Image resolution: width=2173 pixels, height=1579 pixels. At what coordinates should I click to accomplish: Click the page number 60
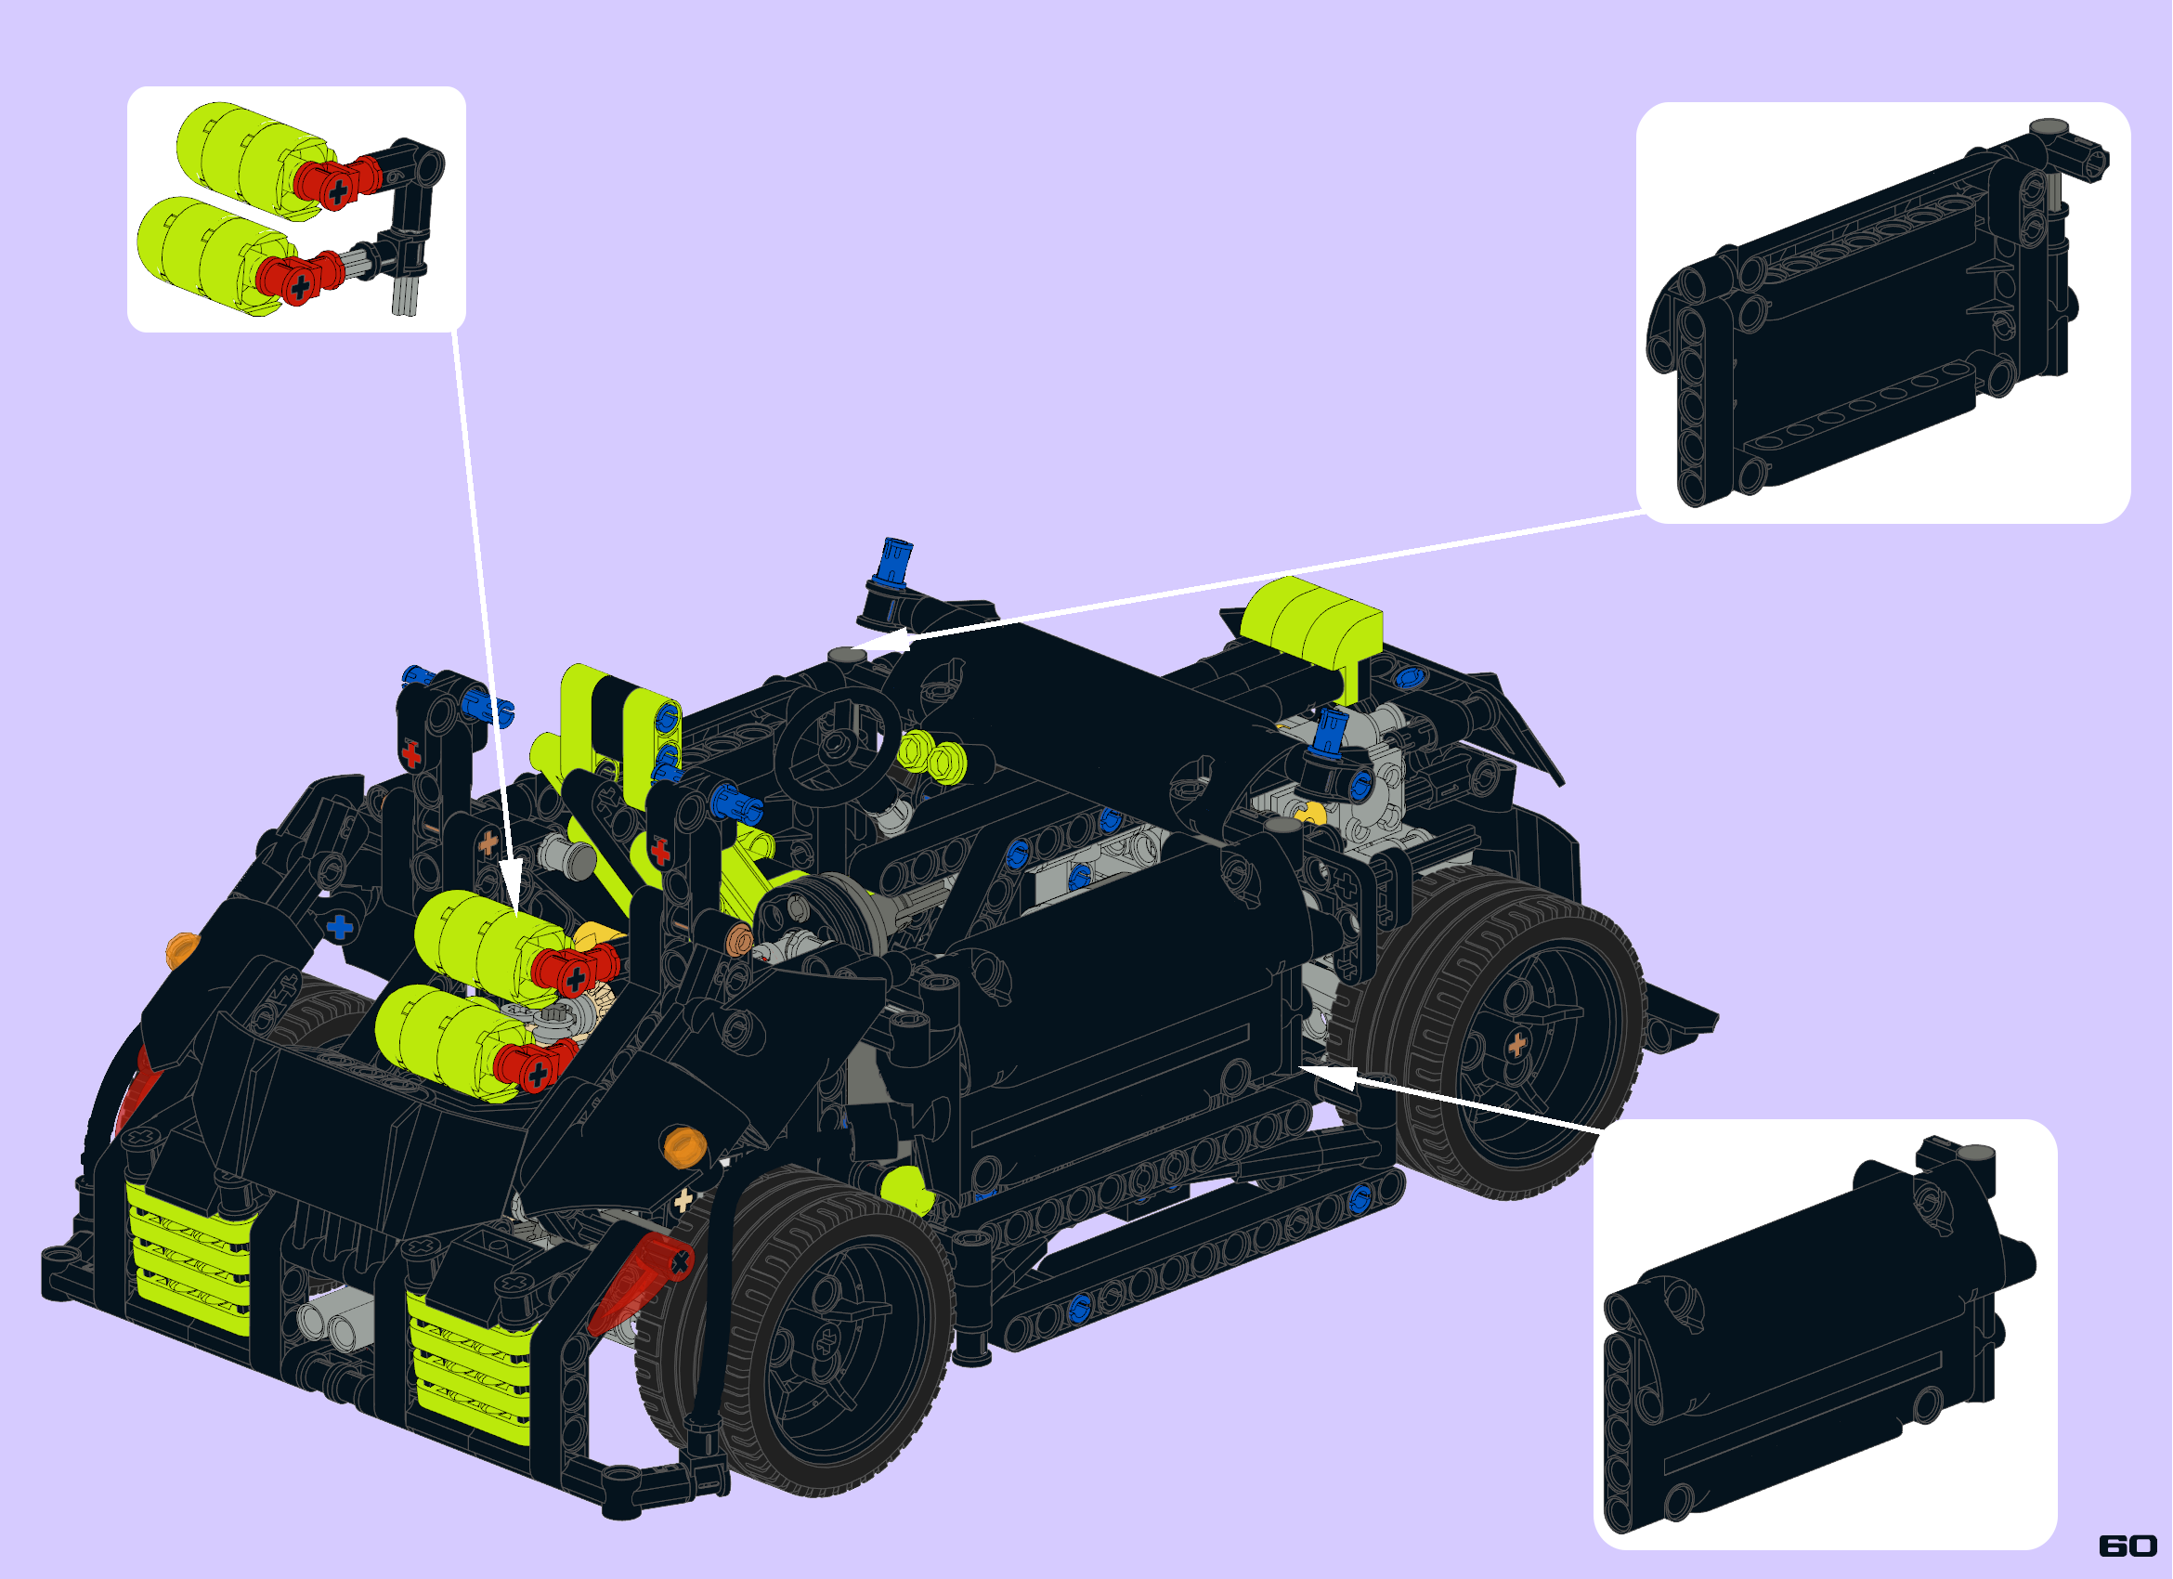click(2127, 1546)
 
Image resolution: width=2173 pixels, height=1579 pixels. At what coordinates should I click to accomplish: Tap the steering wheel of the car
click(838, 743)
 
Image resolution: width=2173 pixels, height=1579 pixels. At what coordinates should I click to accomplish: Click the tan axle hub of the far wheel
click(1516, 1043)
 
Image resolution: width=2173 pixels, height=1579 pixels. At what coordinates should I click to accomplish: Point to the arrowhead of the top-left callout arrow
click(510, 882)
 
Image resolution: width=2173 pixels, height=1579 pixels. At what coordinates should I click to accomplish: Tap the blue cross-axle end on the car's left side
click(339, 928)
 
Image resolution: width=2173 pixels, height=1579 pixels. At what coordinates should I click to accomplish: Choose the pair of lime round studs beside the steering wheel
click(931, 755)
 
